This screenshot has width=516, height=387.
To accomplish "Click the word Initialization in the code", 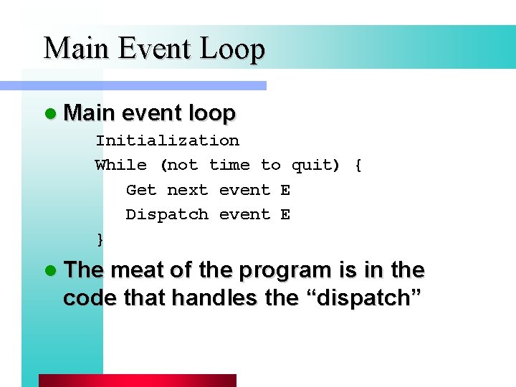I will point(167,140).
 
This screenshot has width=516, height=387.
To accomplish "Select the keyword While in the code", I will point(121,165).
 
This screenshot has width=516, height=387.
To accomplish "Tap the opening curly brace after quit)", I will point(358,166).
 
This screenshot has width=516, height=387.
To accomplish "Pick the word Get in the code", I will point(141,190).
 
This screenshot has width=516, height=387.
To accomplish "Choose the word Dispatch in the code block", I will point(167,214).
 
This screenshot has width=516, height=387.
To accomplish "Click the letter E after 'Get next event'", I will point(285,190).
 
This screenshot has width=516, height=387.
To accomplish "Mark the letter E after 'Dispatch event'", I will point(285,214).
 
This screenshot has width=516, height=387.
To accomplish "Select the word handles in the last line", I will point(215,297).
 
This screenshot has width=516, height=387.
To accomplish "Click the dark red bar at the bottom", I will point(137,381).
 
